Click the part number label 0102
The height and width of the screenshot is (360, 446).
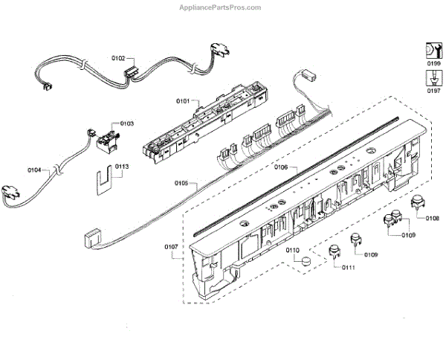coord(118,57)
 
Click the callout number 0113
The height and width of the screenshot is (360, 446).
coord(121,167)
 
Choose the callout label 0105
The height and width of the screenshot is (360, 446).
coord(181,182)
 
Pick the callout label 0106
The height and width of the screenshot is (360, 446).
coord(281,167)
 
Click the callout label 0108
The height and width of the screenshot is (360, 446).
coord(432,218)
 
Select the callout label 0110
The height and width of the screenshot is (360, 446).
coord(293,250)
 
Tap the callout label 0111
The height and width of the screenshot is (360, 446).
coord(348,267)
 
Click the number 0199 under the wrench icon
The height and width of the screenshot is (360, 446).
coord(433,65)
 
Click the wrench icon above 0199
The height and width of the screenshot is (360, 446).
coord(432,51)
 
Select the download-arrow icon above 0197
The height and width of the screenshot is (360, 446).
coord(433,77)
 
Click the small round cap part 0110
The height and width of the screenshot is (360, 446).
coord(305,260)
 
